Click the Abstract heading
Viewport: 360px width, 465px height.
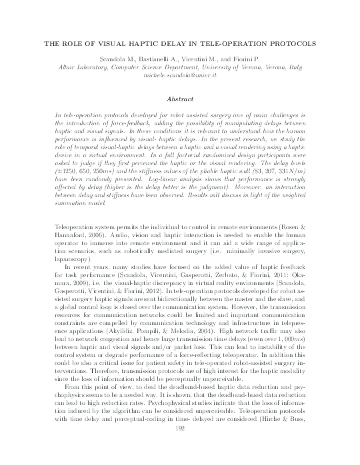180,97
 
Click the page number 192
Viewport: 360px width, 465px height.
179,448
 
